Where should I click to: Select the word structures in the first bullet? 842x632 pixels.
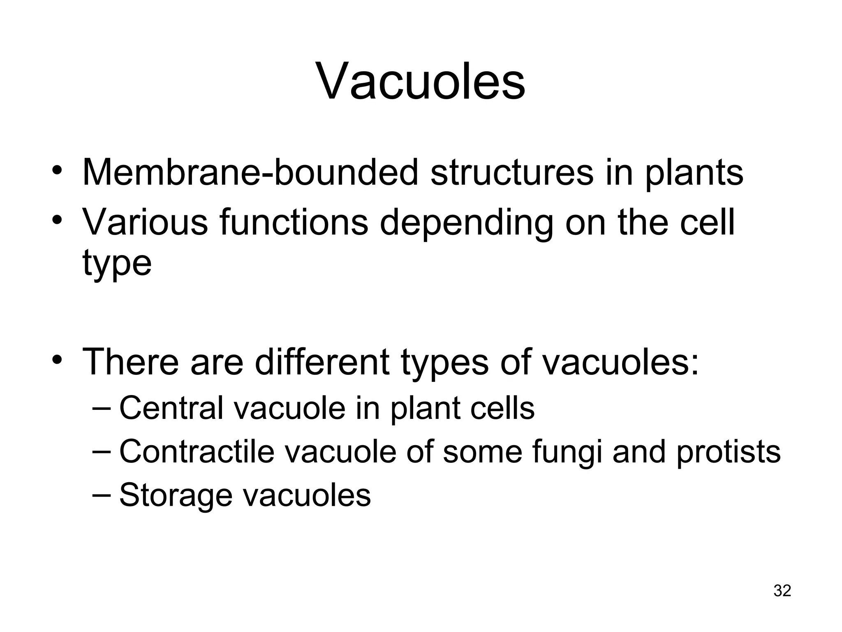[x=512, y=172]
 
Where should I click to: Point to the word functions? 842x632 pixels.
[x=294, y=223]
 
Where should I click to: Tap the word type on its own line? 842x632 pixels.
[x=117, y=263]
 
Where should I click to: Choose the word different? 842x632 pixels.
[x=322, y=362]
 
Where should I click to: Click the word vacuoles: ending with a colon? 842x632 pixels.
[x=620, y=362]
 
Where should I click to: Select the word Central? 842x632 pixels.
[x=171, y=408]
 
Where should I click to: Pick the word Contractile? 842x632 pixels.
[x=197, y=451]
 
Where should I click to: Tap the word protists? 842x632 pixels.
[x=728, y=452]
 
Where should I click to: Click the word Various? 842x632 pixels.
[x=145, y=223]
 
